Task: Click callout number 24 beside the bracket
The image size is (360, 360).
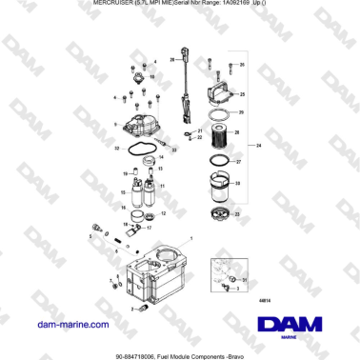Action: click(x=257, y=145)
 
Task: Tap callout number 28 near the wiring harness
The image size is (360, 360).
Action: click(x=172, y=59)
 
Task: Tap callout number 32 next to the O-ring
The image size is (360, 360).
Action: click(x=117, y=148)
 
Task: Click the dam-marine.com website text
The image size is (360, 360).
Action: click(x=70, y=325)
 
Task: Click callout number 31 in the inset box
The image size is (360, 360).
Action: click(x=245, y=281)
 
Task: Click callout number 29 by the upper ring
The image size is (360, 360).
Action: click(x=241, y=112)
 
